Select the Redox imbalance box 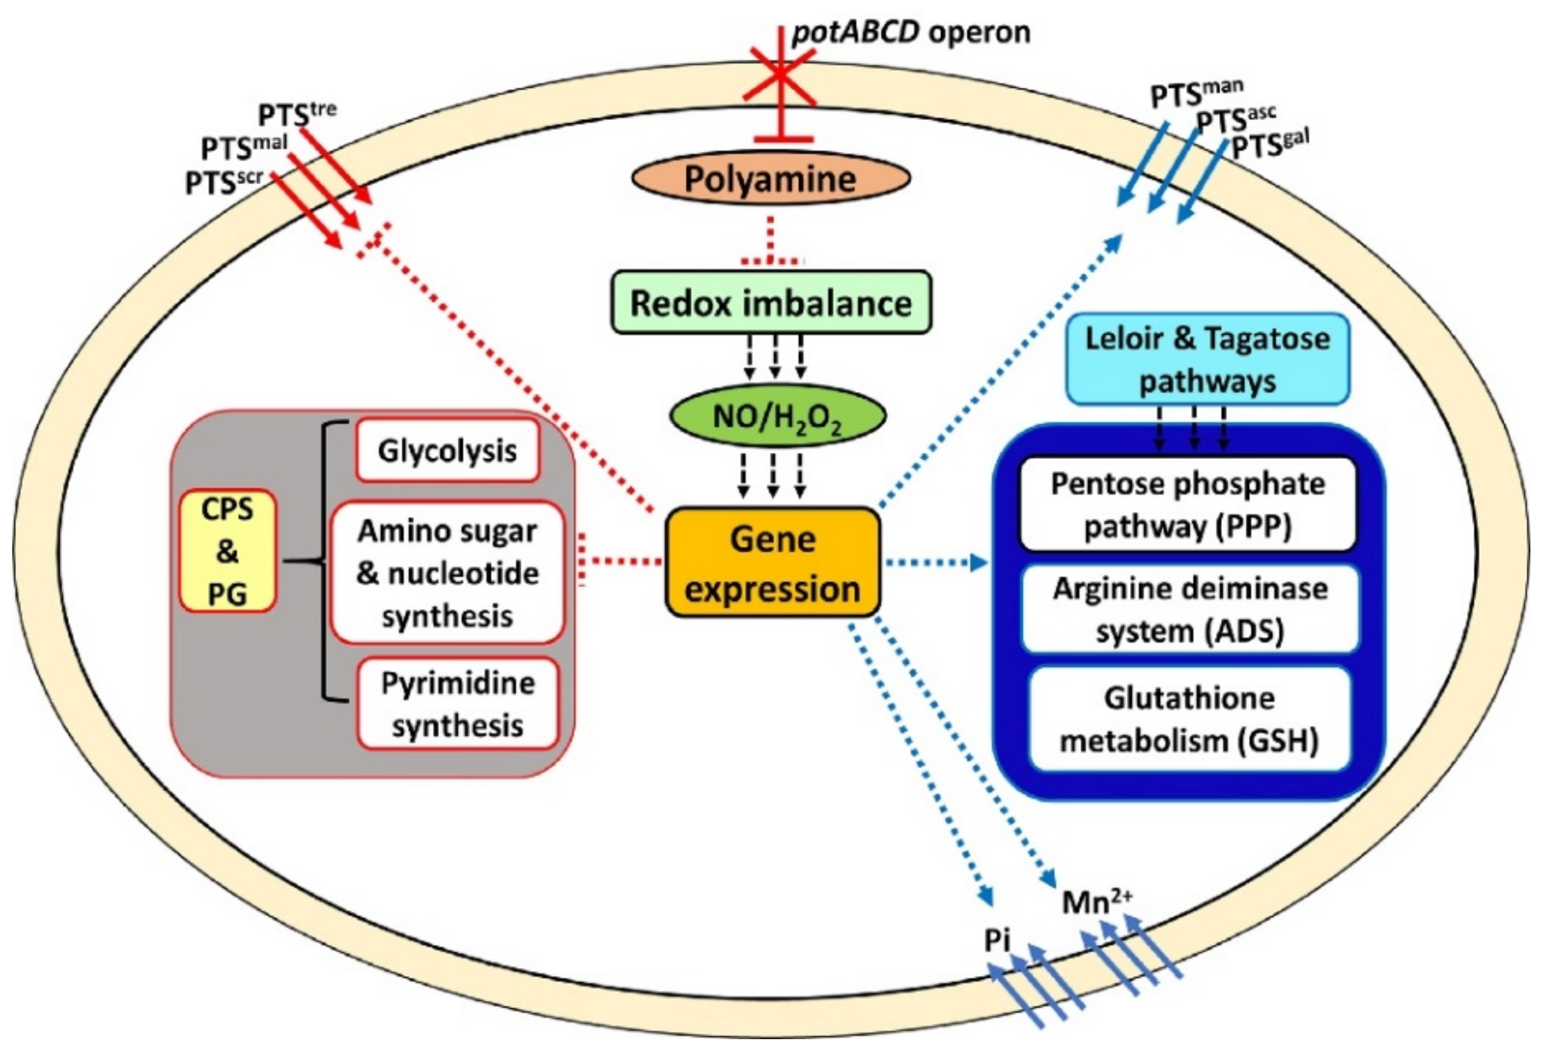pos(770,302)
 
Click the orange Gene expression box pos(772,563)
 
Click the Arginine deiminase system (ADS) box pos(1190,609)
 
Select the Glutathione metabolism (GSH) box pos(1189,719)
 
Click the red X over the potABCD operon pos(780,73)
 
